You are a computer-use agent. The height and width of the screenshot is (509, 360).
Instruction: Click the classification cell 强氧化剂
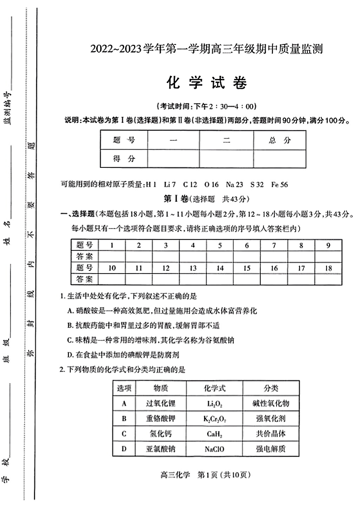[x=271, y=418]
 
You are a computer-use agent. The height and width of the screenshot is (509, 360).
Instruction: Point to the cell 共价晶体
[x=271, y=433]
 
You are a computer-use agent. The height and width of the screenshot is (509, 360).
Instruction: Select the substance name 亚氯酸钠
[x=161, y=449]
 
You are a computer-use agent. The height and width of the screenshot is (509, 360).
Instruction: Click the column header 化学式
[x=215, y=388]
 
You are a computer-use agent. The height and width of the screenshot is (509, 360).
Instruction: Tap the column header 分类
[x=271, y=388]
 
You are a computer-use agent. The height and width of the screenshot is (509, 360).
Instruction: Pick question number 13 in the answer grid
[x=193, y=268]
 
